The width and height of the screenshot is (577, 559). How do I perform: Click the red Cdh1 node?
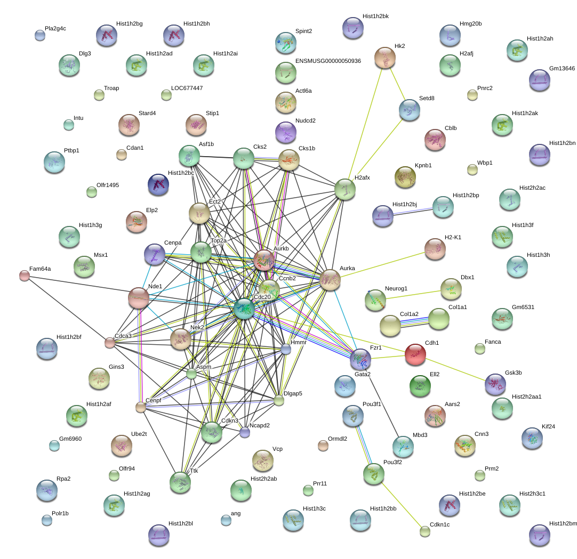pyautogui.click(x=415, y=354)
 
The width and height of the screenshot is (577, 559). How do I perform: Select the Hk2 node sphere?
pyautogui.click(x=385, y=58)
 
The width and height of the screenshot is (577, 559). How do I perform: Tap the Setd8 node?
pyautogui.click(x=410, y=110)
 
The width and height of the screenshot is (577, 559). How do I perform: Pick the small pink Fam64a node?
pyautogui.click(x=25, y=276)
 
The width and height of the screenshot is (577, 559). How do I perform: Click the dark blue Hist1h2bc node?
pyautogui.click(x=158, y=184)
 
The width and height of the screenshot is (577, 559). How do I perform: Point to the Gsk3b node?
pyautogui.click(x=495, y=384)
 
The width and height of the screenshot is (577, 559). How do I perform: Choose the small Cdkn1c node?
pyautogui.click(x=425, y=531)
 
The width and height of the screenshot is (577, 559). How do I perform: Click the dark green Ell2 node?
pyautogui.click(x=420, y=386)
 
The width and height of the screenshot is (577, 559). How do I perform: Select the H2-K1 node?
pyautogui.click(x=435, y=249)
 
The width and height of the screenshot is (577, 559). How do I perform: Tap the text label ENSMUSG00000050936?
pyautogui.click(x=328, y=61)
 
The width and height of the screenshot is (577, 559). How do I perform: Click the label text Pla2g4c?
pyautogui.click(x=55, y=29)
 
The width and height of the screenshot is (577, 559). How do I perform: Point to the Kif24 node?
pyautogui.click(x=532, y=438)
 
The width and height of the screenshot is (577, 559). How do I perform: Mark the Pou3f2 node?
pyautogui.click(x=374, y=474)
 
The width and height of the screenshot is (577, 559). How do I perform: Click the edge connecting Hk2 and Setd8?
pyautogui.click(x=397, y=84)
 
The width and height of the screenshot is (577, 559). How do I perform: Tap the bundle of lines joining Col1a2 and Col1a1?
pyautogui.click(x=414, y=322)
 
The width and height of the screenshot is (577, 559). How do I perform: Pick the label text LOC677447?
pyautogui.click(x=187, y=88)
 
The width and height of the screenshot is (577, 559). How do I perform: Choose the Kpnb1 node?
pyautogui.click(x=405, y=177)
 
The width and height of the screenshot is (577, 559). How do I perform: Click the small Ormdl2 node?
pyautogui.click(x=323, y=445)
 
